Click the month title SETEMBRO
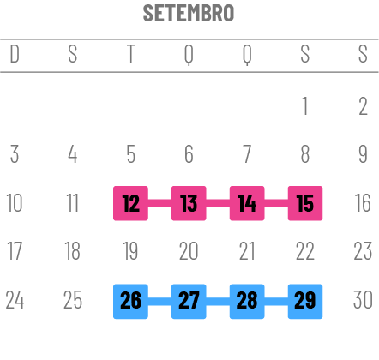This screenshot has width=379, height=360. (x=189, y=13)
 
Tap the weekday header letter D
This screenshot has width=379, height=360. (x=15, y=53)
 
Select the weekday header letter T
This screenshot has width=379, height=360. (x=130, y=53)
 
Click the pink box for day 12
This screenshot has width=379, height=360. (x=130, y=203)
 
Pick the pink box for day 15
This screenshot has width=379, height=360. (x=305, y=203)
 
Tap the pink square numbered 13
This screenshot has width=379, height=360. (x=189, y=203)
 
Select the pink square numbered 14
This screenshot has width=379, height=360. (x=247, y=203)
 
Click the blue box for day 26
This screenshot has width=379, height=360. (x=130, y=302)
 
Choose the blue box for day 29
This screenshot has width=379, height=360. (x=305, y=302)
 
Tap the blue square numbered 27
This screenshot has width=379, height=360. (x=189, y=302)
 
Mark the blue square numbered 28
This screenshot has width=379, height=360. (x=247, y=302)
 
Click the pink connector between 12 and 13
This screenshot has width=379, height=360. (x=159, y=203)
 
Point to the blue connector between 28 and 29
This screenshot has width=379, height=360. (x=276, y=302)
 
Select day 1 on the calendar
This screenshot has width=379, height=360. (x=305, y=106)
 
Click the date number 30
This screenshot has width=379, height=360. (x=363, y=300)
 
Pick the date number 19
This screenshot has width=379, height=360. (x=130, y=251)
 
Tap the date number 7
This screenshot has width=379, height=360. (x=247, y=154)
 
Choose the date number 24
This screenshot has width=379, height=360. (x=15, y=300)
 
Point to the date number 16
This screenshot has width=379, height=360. (x=363, y=203)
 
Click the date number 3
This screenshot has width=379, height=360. (x=15, y=154)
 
